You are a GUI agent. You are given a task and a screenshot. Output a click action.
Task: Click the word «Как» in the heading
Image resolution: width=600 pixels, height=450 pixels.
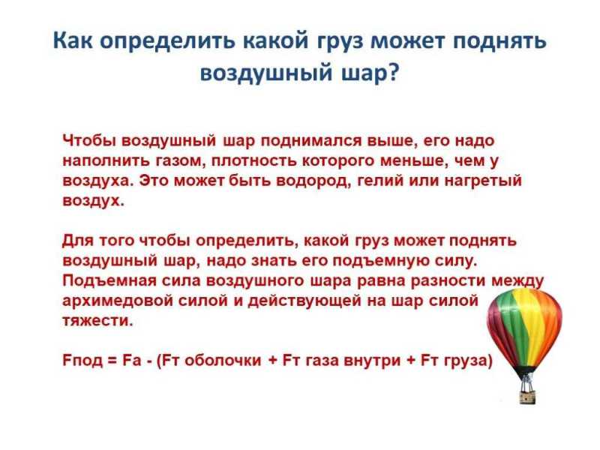[72, 40]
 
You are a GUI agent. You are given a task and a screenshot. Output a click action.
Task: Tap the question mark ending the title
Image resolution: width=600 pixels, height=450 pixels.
[393, 71]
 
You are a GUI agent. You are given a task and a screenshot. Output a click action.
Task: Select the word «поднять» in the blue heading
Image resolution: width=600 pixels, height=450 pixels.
[499, 41]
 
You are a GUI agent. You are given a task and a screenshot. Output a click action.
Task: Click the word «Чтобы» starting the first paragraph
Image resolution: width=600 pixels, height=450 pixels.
[88, 140]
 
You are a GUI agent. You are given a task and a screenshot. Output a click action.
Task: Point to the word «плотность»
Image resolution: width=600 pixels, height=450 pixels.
[253, 160]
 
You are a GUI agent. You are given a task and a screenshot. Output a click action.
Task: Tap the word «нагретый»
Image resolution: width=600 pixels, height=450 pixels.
[483, 181]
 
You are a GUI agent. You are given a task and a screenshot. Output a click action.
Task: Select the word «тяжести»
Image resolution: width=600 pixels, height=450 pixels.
[97, 320]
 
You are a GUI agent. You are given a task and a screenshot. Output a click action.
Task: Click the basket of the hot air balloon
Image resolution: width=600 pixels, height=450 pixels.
[528, 397]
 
